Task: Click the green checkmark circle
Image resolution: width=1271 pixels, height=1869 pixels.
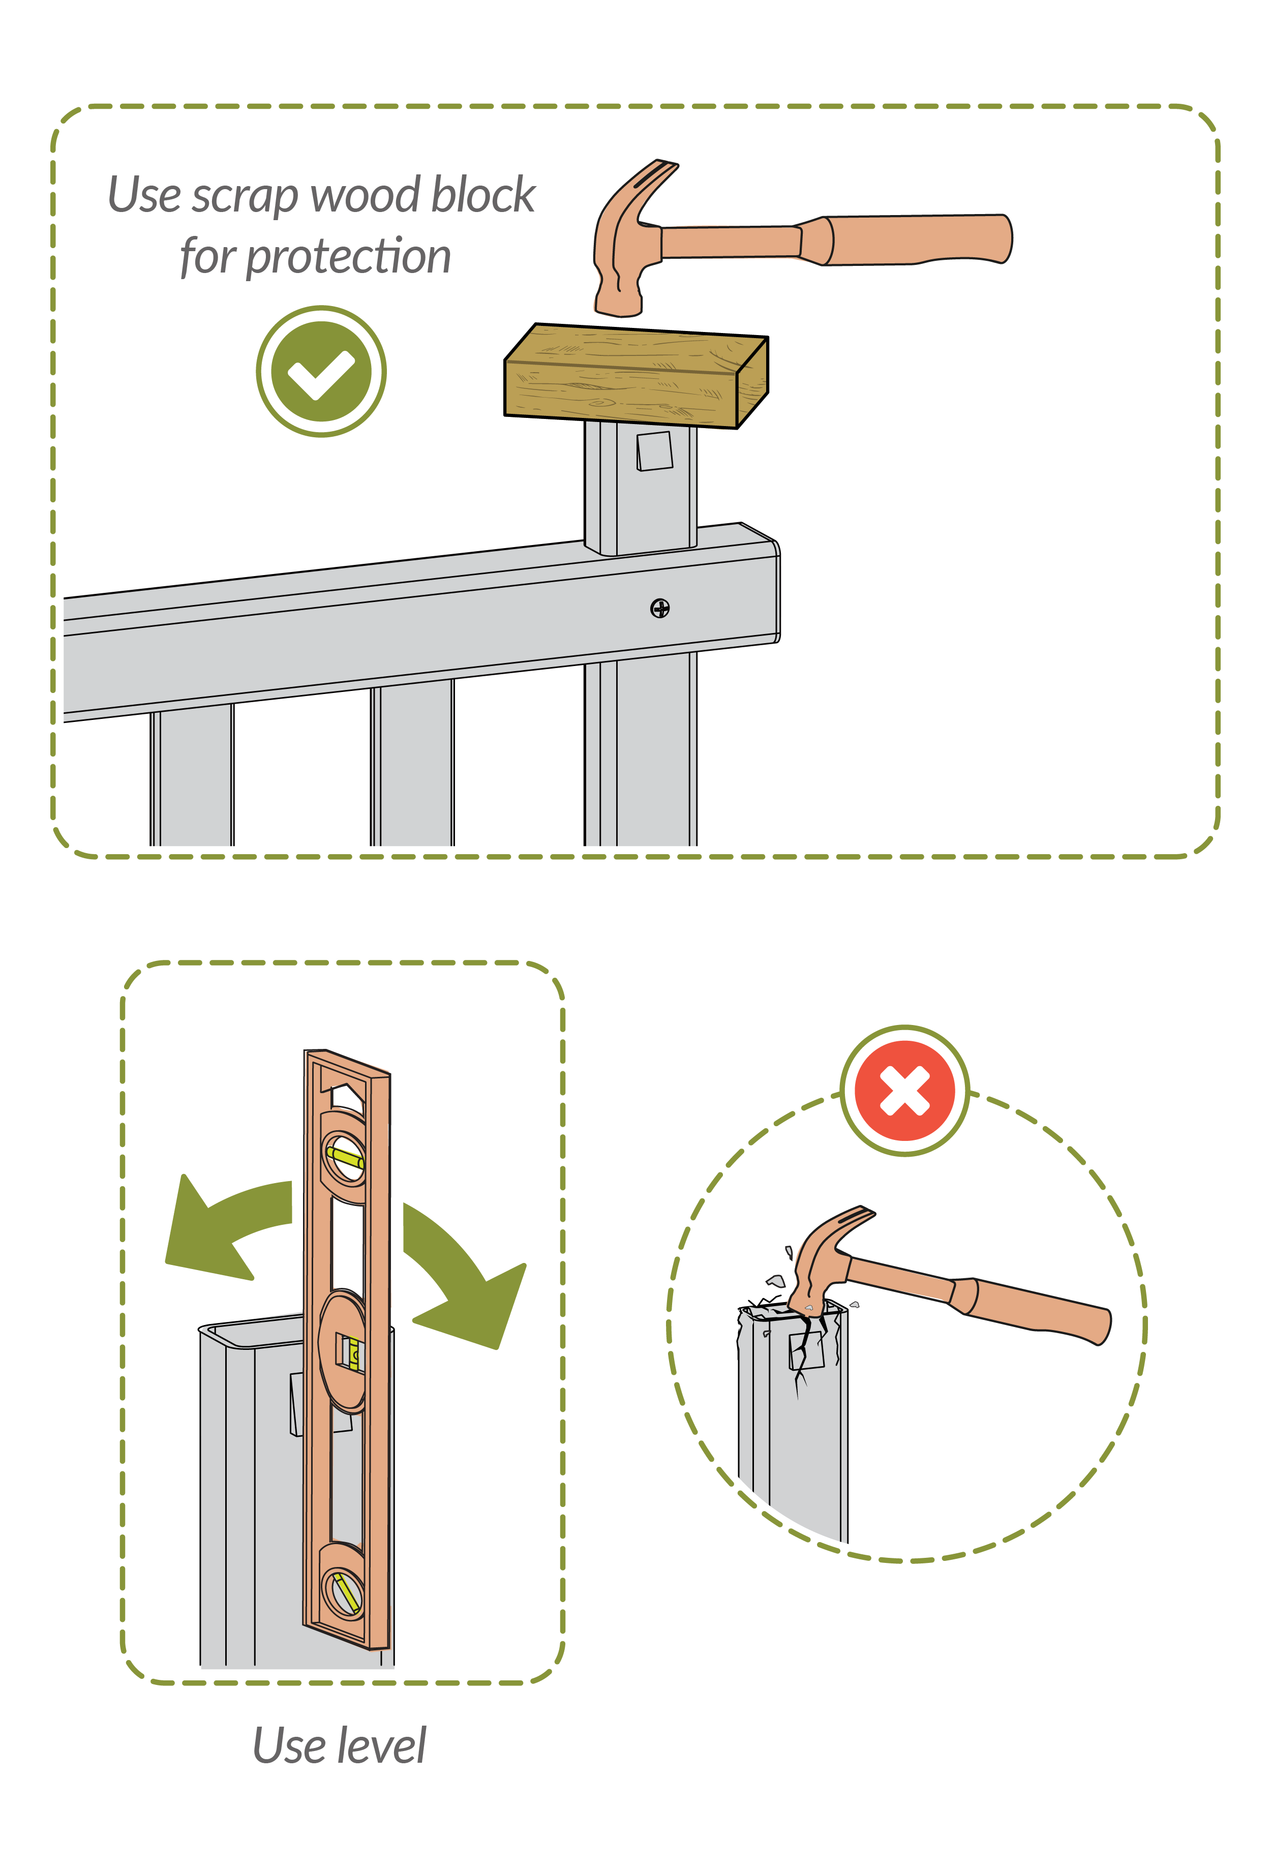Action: [x=321, y=372]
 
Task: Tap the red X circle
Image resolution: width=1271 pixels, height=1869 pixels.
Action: [x=904, y=1091]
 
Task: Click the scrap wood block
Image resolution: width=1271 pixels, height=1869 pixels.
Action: [x=635, y=376]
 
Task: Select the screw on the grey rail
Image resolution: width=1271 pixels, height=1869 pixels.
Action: [x=659, y=609]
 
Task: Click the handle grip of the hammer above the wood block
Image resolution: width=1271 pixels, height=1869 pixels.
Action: [x=917, y=239]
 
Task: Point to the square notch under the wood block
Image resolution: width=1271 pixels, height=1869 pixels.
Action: [x=654, y=451]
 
